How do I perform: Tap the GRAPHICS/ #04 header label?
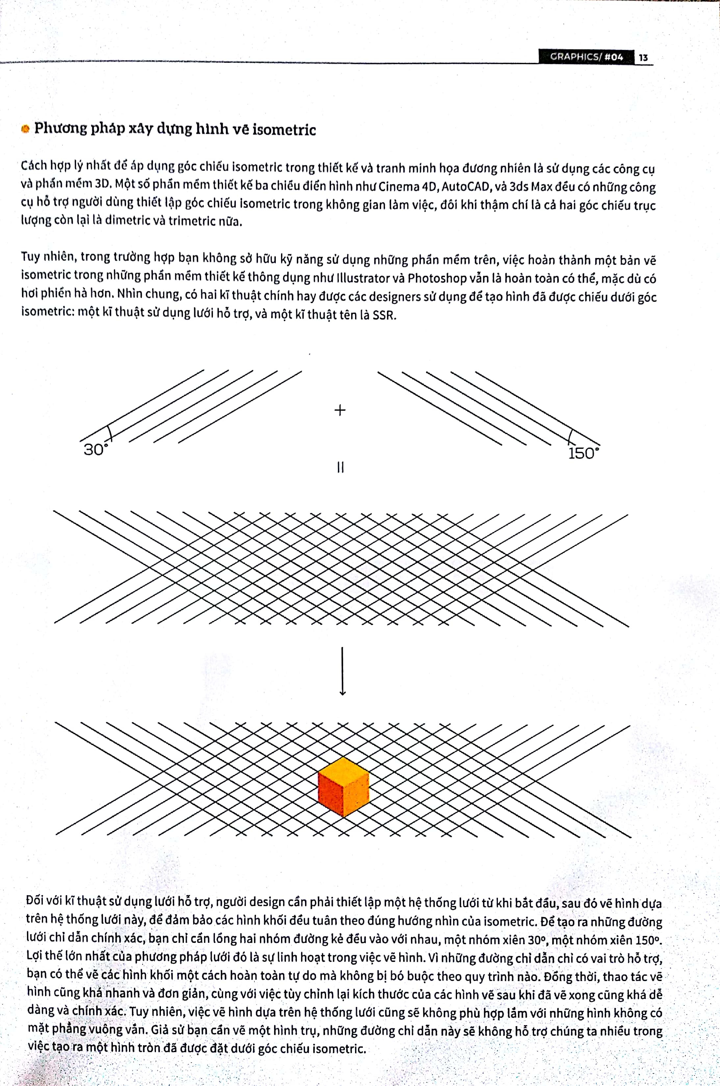(586, 57)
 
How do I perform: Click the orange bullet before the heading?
(26, 129)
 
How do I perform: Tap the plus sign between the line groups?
(340, 410)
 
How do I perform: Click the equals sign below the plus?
(340, 467)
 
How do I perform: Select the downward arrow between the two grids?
(342, 671)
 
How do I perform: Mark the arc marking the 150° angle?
(570, 437)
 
